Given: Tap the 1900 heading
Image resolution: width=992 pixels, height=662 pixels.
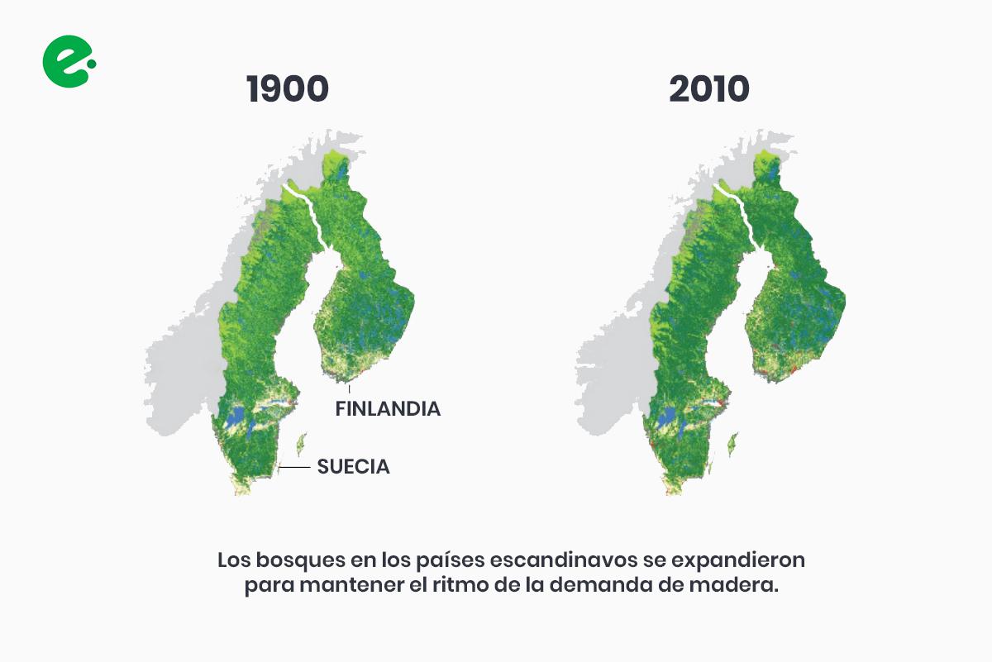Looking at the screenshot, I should click(x=287, y=89).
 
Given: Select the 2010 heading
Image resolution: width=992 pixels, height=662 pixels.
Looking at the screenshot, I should click(x=709, y=89).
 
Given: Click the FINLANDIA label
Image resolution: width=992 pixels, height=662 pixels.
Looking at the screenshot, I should click(x=388, y=408).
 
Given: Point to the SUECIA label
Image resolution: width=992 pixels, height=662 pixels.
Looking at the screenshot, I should click(x=353, y=467).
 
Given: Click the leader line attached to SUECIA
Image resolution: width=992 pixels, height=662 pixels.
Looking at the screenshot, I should click(x=296, y=467).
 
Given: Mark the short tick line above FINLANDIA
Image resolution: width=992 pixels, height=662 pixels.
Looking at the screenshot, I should click(x=349, y=389).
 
